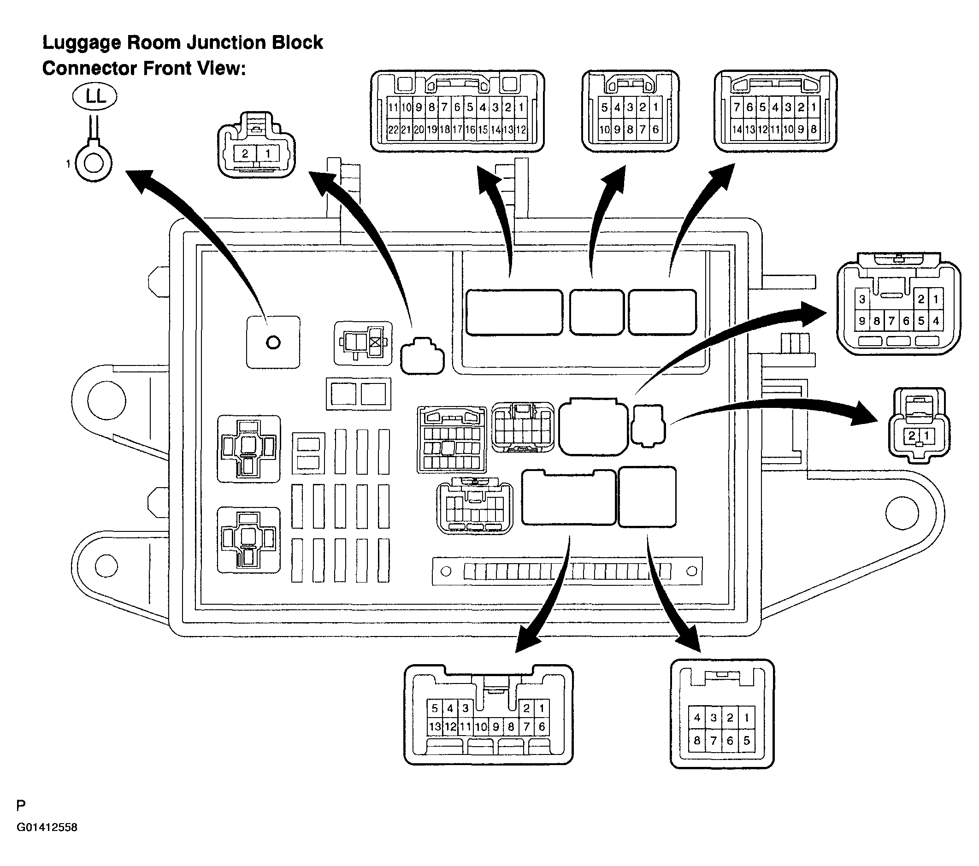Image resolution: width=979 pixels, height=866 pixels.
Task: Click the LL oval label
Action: [94, 97]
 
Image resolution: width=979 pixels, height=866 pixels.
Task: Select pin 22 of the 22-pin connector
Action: [393, 130]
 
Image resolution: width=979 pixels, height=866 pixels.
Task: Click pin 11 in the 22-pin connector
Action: [393, 107]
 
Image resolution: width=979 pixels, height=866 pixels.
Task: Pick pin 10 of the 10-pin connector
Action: [604, 130]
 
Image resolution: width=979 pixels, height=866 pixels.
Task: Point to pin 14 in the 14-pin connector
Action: [737, 130]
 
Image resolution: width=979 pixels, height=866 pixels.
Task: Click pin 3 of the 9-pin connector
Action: [862, 300]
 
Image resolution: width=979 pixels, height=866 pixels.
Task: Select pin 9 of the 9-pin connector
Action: [862, 321]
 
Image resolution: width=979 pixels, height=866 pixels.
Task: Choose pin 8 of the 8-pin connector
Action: [697, 741]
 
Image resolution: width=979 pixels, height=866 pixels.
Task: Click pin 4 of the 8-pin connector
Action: [697, 718]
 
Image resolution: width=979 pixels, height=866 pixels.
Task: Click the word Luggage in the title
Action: [81, 44]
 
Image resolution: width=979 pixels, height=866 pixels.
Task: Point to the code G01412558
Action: [47, 827]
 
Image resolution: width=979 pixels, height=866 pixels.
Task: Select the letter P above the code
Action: [21, 806]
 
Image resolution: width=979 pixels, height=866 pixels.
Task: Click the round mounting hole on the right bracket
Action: [902, 513]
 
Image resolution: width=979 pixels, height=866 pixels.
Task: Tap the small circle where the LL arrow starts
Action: [273, 342]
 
